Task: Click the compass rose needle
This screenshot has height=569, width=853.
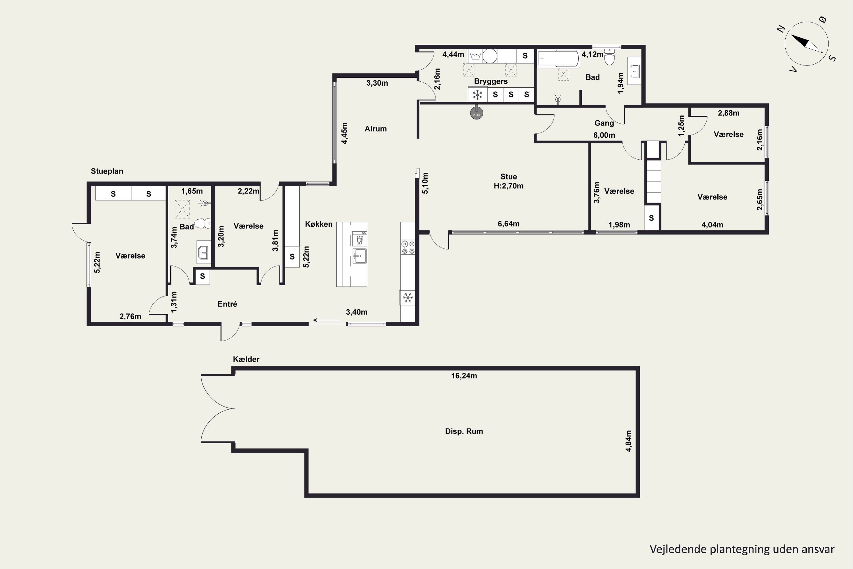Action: coord(807,44)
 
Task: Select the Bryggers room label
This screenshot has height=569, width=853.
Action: coord(491,81)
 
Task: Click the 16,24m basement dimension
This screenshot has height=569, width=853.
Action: coord(464,376)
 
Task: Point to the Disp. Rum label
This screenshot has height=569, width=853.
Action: coord(464,431)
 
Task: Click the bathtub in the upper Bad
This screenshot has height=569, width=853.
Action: coord(558,58)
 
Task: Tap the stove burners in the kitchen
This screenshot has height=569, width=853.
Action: coord(408,247)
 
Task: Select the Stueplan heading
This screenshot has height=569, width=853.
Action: coord(107,171)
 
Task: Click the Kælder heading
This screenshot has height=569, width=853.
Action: coord(246,359)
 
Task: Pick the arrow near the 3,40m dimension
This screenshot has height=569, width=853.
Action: coord(326,320)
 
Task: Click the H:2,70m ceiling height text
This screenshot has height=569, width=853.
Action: coord(508,186)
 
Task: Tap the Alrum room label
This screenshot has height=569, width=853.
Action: coord(376,129)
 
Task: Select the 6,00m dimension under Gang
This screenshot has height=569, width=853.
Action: coord(604,135)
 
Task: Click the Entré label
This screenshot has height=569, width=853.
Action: coord(227,304)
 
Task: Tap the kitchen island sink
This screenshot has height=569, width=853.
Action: coord(359,256)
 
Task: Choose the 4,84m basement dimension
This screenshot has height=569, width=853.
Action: coord(628,441)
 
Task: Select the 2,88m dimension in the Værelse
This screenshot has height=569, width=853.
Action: coord(728,113)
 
